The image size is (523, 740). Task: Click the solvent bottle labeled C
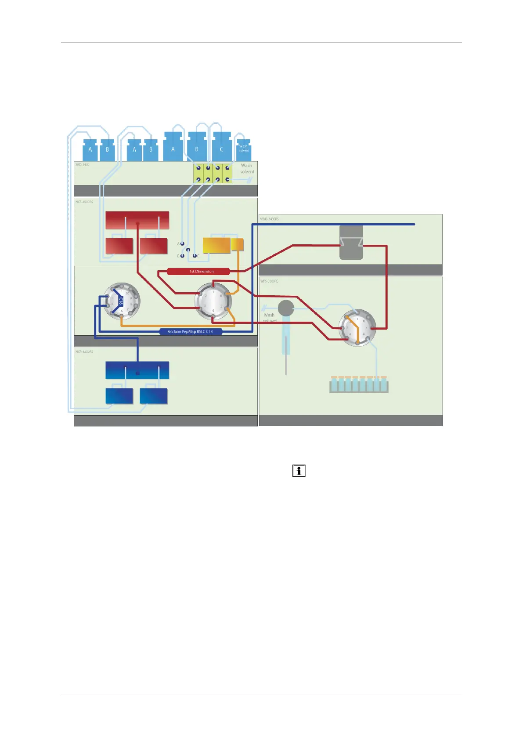[x=222, y=148]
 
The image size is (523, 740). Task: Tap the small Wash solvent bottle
[x=244, y=149]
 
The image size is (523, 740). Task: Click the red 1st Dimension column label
[x=198, y=272]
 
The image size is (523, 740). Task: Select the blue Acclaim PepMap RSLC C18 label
[x=190, y=331]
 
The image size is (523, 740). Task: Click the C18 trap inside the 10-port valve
[x=121, y=301]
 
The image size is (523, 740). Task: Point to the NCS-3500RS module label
[x=84, y=202]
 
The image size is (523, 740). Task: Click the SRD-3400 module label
[x=82, y=165]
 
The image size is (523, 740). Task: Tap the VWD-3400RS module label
[x=269, y=219]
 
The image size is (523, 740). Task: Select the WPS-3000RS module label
[x=269, y=281]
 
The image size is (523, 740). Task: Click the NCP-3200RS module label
[x=84, y=352]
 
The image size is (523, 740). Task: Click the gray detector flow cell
[x=351, y=243]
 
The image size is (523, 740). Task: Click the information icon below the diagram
[x=299, y=471]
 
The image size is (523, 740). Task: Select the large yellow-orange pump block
[x=216, y=245]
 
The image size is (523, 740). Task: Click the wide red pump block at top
[x=137, y=220]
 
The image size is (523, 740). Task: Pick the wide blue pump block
[x=137, y=370]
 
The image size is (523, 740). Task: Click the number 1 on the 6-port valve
[x=213, y=292]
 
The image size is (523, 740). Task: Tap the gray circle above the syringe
[x=286, y=308]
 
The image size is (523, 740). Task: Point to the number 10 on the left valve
[x=127, y=294]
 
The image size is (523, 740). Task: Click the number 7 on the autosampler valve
[x=366, y=328]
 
